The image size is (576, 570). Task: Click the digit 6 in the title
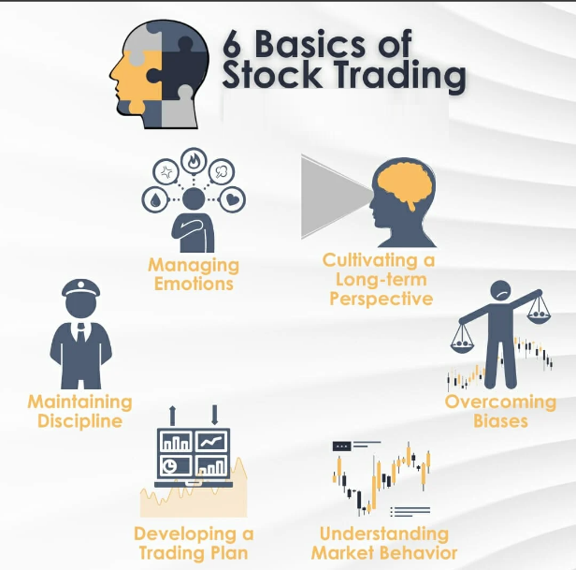[x=232, y=44]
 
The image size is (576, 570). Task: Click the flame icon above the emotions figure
[x=194, y=161]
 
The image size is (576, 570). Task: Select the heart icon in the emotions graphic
[x=233, y=199]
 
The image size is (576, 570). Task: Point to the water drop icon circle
[x=155, y=199]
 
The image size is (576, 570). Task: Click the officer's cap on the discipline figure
[x=80, y=288]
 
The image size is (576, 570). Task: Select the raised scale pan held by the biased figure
[x=539, y=315]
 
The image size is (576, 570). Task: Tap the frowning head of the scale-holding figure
[x=500, y=292]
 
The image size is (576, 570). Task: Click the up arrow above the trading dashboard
[x=172, y=416]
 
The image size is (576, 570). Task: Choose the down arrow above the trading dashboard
[x=215, y=416]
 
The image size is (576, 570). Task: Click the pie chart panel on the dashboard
[x=175, y=465]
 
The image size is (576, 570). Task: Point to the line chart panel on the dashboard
[x=211, y=441]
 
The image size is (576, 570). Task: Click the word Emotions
[x=194, y=284]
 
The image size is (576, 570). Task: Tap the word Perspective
[x=382, y=300]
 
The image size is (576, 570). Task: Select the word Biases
[x=500, y=421]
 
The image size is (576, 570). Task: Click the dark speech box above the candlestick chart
[x=342, y=446]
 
